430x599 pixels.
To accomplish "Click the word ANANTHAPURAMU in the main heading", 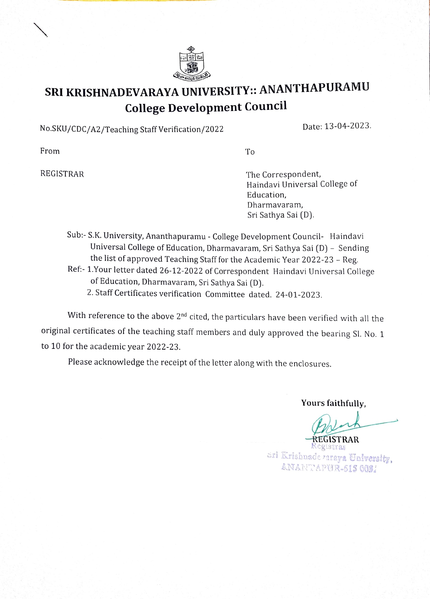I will tap(314, 88).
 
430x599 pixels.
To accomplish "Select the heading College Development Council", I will tap(206, 107).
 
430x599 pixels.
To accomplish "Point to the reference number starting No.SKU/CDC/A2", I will tap(131, 129).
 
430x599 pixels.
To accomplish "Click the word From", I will tap(50, 151).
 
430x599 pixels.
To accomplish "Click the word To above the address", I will tap(250, 152).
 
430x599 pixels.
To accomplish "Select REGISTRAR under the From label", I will tap(62, 174).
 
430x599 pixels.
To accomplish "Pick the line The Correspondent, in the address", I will tap(283, 174).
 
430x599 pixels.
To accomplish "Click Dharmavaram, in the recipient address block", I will tap(275, 205).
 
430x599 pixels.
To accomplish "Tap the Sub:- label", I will tap(76, 235).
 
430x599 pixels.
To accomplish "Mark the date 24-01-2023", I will tap(299, 294).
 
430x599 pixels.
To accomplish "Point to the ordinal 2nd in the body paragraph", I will tap(181, 316).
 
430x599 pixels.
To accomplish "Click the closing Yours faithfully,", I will tap(333, 403).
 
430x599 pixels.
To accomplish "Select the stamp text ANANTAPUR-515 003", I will tap(329, 468).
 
